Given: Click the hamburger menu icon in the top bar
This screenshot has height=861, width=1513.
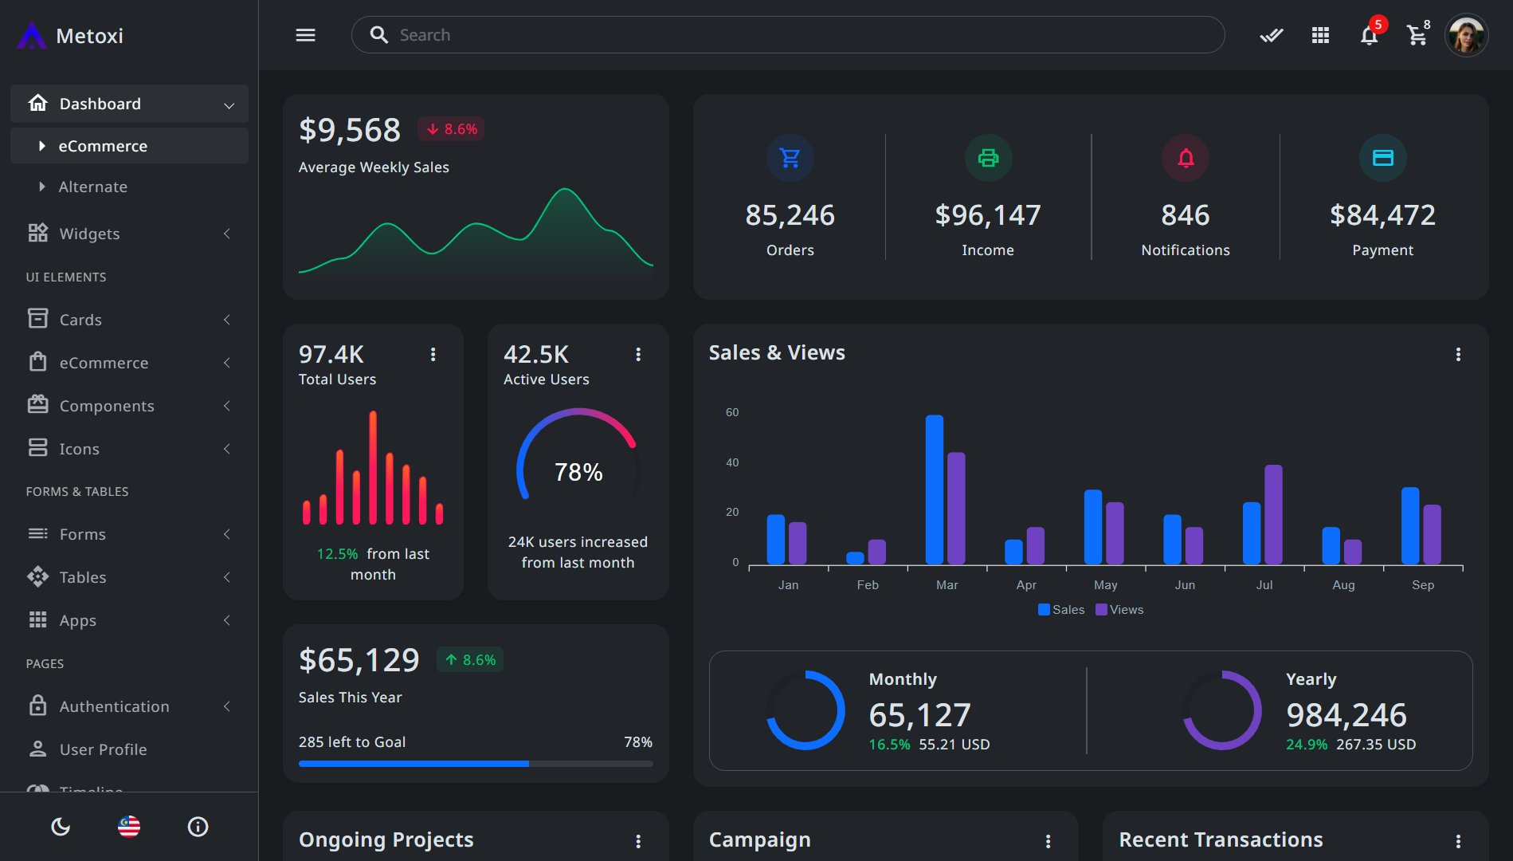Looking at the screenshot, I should (x=305, y=35).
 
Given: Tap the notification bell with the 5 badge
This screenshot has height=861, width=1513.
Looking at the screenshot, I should (x=1369, y=35).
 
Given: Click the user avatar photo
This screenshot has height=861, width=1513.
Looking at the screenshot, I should (x=1466, y=35).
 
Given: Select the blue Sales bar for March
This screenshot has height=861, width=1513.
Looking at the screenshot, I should (x=934, y=489).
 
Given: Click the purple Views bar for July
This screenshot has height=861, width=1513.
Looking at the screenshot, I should (x=1273, y=514).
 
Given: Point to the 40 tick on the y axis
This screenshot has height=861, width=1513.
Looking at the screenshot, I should (x=731, y=462).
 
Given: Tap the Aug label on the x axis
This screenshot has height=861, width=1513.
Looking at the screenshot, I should (x=1343, y=585).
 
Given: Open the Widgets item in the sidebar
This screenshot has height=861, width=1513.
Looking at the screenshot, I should (x=89, y=234).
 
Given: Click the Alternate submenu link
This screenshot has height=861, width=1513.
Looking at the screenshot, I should (x=93, y=187).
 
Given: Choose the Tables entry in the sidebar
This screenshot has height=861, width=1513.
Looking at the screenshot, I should (x=83, y=577).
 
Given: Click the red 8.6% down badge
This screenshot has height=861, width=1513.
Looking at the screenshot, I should (x=452, y=129).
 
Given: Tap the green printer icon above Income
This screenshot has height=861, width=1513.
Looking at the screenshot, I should (x=988, y=158).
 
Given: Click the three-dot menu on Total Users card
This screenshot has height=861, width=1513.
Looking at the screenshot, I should (x=433, y=354).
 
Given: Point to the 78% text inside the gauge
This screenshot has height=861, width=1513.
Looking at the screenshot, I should (x=578, y=472).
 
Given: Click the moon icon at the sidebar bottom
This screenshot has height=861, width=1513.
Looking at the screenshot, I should (x=61, y=827).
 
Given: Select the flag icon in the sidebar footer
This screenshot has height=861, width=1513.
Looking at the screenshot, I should (x=129, y=827).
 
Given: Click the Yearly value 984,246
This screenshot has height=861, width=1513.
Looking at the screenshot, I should (x=1346, y=715).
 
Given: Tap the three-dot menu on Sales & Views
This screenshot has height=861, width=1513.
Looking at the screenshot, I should (x=1458, y=354).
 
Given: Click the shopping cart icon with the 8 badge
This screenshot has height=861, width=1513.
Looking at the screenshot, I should (x=1417, y=35).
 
